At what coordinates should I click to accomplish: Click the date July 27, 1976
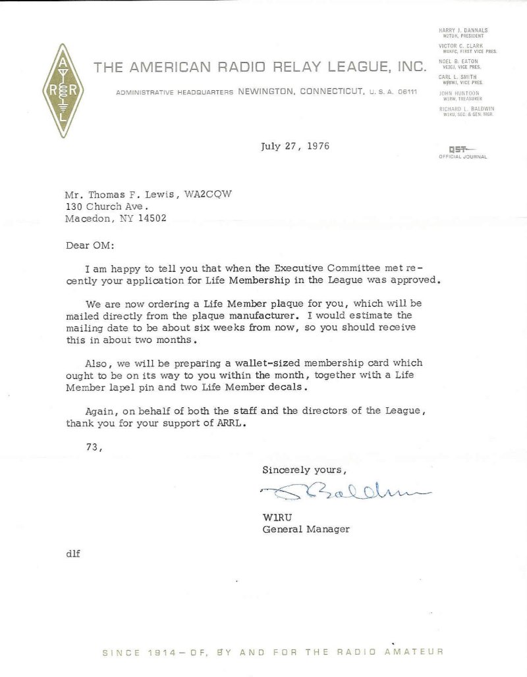(295, 145)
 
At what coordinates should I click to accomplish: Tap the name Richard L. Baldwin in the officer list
(466, 107)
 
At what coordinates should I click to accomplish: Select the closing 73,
(96, 446)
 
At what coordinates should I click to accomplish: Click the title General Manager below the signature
(306, 528)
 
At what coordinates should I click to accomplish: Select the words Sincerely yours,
(303, 470)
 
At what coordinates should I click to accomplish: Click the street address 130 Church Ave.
(112, 208)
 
